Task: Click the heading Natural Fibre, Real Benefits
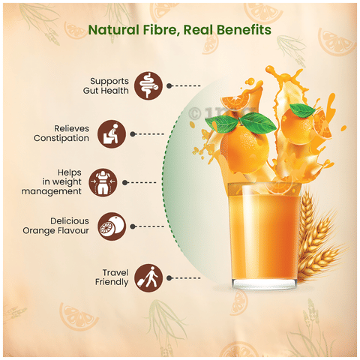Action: [x=180, y=31]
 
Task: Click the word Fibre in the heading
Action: [x=158, y=31]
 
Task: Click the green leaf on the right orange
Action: [x=301, y=111]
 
